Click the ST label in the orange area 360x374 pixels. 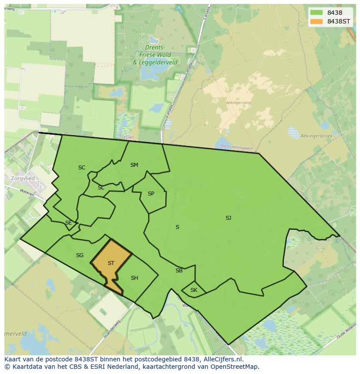[x=111, y=263]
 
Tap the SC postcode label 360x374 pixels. [x=82, y=168]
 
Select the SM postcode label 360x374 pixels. [x=134, y=165]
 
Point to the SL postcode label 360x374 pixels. [x=101, y=188]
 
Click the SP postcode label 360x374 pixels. [x=151, y=194]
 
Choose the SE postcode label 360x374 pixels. [x=68, y=223]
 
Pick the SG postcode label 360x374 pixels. [x=80, y=255]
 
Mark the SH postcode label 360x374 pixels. [x=134, y=278]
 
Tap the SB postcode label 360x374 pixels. [x=179, y=271]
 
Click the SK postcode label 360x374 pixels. [x=194, y=290]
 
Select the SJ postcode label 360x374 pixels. [x=228, y=218]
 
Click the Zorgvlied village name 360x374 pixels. [x=23, y=179]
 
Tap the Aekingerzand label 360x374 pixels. [x=238, y=103]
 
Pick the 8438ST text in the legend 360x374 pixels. [x=339, y=21]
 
